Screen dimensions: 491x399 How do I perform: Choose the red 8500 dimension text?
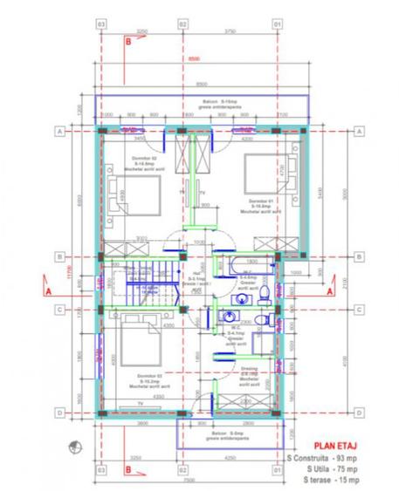(203, 58)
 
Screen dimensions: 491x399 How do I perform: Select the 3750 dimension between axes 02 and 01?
(230, 31)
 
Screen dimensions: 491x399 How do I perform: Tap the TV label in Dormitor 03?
(140, 403)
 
